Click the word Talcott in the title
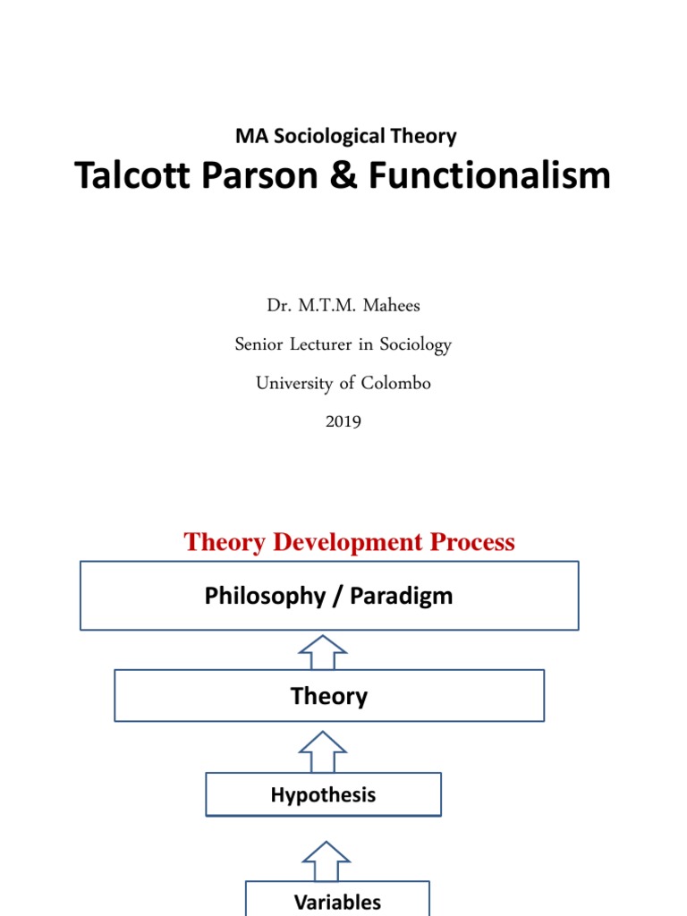click(131, 175)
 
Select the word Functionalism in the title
click(490, 175)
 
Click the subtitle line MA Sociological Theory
click(345, 136)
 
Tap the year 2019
click(343, 420)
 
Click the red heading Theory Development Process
click(349, 542)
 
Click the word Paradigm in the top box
click(401, 597)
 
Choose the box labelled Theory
click(329, 696)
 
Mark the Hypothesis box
click(323, 794)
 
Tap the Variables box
click(337, 902)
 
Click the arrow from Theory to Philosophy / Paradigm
click(323, 651)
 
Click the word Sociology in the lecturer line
click(417, 343)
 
